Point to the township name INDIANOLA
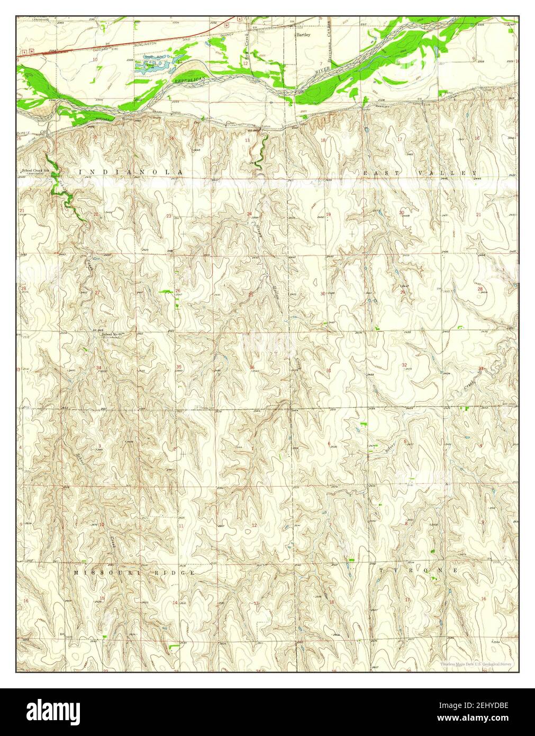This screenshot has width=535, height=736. coord(131,173)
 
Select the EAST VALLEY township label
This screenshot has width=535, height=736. coord(420,173)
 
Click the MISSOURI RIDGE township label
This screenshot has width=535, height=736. coord(134,573)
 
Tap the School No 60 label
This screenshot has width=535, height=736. coord(112,334)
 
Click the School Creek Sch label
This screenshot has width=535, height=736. coord(35,170)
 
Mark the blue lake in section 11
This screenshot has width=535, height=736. coord(153,65)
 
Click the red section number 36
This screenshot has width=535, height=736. coord(252,368)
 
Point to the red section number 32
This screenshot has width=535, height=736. coord(404,365)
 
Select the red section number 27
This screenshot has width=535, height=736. coord(97,293)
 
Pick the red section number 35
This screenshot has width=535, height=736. coord(179,367)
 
